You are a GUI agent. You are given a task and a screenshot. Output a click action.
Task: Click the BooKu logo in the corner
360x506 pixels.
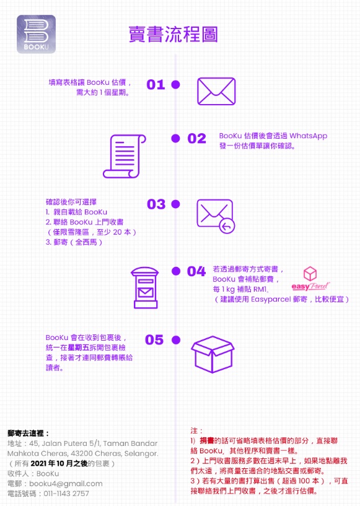pos(36,34)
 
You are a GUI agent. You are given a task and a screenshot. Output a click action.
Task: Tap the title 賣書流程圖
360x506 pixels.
pos(173,34)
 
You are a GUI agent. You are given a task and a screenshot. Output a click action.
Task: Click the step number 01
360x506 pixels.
pos(156,85)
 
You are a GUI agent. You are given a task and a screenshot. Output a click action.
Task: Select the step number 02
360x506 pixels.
pos(196,139)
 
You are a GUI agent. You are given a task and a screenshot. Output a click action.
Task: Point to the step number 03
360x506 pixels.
pos(156,204)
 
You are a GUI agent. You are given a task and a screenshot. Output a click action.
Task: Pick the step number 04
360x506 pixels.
pos(196,271)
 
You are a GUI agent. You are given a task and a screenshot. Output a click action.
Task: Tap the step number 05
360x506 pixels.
pos(154,339)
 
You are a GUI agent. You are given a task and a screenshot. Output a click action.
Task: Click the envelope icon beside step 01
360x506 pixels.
pos(216,91)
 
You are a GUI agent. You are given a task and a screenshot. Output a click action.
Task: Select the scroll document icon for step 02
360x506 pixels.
pos(125,156)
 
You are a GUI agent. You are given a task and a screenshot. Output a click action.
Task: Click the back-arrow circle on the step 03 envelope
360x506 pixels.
pos(227,227)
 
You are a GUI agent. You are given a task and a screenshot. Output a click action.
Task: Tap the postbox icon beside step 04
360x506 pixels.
pos(145,287)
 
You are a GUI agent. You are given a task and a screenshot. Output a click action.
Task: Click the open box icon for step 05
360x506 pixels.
pos(213,354)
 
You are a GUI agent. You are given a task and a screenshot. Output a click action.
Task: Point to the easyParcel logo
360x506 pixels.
pos(310,278)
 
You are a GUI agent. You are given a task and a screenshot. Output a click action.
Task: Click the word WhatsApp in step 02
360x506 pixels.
pos(309,136)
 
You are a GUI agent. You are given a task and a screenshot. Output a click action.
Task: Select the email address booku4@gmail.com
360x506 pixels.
pos(66,484)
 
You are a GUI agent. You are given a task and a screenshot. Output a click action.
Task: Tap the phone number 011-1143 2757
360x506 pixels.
pos(66,494)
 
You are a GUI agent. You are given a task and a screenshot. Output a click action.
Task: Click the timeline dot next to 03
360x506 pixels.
pos(175,204)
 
